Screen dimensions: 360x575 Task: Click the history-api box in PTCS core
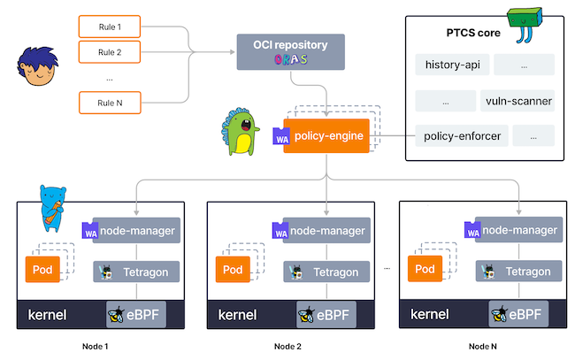451,65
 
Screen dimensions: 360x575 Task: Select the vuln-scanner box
518,101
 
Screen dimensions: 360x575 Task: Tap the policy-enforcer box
451,135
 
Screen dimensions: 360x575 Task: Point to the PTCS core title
473,33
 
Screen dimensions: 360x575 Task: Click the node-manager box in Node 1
137,231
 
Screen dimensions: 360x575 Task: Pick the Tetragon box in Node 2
326,270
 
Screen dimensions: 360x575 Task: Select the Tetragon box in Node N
518,270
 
